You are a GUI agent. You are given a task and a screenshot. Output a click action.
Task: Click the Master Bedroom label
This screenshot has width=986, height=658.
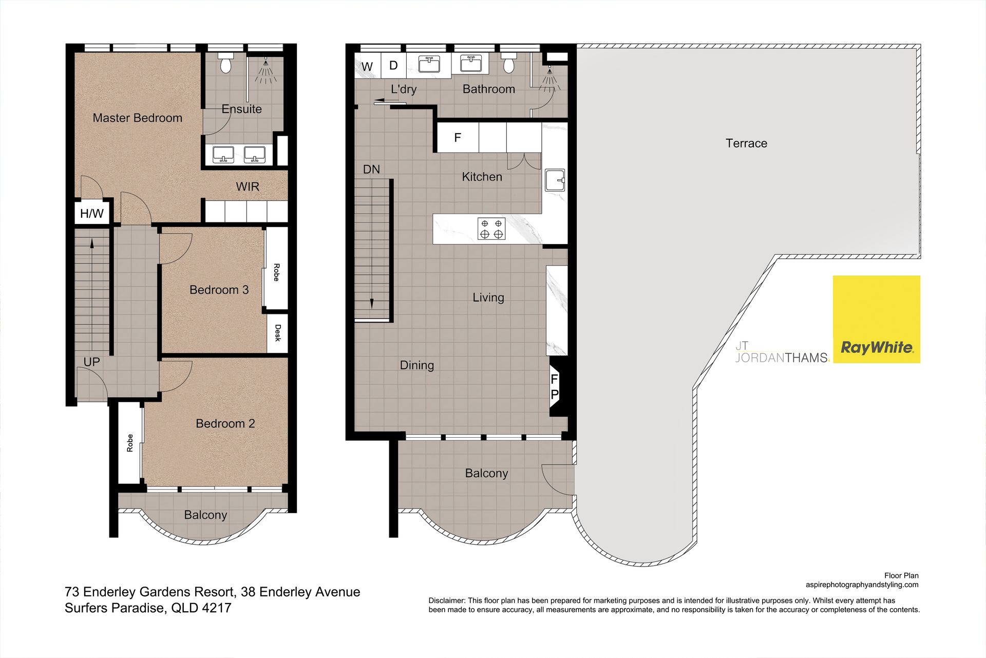click(137, 118)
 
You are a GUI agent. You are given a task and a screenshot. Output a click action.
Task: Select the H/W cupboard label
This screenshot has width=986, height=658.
click(92, 214)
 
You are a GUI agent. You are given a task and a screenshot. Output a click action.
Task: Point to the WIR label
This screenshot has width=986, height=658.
click(248, 186)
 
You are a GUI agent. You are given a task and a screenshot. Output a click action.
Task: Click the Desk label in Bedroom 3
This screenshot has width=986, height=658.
click(278, 333)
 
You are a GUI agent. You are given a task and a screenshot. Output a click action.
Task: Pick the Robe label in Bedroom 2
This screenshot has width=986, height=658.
click(130, 443)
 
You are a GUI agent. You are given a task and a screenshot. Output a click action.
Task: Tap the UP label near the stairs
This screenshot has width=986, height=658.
click(91, 362)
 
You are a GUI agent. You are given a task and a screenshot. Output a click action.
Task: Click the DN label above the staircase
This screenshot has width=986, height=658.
click(371, 170)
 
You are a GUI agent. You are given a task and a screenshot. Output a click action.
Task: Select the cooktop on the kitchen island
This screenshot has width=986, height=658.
click(491, 229)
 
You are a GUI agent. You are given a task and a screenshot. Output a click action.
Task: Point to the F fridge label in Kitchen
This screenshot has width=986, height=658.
click(458, 138)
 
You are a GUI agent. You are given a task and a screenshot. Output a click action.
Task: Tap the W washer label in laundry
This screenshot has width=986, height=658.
click(367, 67)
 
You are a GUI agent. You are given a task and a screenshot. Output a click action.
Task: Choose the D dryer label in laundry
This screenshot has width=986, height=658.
click(393, 66)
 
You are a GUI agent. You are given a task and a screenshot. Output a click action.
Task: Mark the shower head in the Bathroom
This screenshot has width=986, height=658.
click(549, 78)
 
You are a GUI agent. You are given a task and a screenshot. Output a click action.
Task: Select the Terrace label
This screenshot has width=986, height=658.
click(746, 143)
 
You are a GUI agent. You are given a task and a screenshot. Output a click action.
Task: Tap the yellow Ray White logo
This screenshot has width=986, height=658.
click(876, 319)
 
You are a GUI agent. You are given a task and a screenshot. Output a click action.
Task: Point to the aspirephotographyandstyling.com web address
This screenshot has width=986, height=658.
click(862, 585)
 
